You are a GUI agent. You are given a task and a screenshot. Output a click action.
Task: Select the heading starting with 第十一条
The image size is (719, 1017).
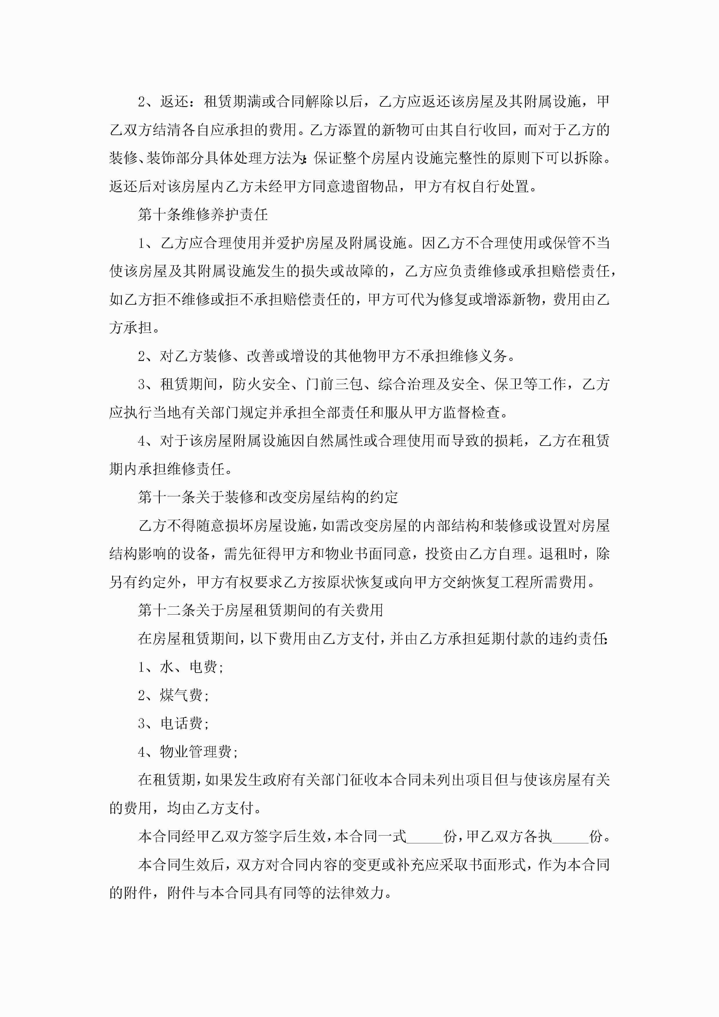[268, 497]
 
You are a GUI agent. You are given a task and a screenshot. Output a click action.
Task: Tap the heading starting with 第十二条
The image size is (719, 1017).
[260, 610]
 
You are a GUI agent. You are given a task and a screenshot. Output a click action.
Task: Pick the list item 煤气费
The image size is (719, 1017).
[174, 695]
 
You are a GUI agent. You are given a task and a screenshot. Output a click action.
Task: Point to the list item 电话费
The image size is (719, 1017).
[174, 723]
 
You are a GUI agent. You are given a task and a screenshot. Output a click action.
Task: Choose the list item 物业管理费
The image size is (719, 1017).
[188, 752]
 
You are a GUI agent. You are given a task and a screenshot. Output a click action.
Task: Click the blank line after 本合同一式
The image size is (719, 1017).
[425, 837]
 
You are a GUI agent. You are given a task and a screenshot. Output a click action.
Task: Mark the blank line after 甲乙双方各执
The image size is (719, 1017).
[570, 837]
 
